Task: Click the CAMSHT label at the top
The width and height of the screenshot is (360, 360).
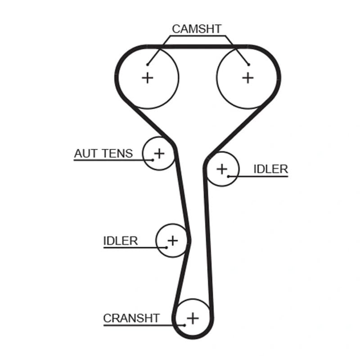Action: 197,29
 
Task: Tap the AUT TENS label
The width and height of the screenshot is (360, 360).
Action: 103,153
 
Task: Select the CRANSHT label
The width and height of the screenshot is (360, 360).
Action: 131,318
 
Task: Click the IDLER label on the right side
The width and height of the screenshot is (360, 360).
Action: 271,169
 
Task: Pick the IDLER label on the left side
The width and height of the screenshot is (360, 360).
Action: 121,241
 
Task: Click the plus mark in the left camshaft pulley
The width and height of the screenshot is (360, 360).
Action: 148,78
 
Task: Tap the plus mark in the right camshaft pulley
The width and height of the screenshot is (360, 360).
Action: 248,78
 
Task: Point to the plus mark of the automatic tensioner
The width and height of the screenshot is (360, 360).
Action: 159,153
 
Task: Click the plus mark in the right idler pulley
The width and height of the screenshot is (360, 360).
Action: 222,169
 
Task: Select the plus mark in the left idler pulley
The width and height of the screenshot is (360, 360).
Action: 173,241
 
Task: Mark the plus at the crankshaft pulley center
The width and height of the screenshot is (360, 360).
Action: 193,318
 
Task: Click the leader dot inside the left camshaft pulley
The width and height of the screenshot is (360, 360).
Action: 148,65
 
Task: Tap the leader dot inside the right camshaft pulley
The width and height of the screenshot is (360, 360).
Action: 249,65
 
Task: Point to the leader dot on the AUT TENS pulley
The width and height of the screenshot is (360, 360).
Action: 153,160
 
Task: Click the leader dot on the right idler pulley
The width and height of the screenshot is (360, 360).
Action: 229,176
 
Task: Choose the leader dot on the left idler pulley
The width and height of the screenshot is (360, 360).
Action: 166,247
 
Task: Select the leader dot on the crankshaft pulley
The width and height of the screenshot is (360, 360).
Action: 184,325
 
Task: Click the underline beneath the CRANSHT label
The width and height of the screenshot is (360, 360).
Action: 144,325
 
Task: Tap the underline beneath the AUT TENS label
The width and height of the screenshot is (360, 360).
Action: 113,160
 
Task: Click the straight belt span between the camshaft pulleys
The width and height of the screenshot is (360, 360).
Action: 198,47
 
